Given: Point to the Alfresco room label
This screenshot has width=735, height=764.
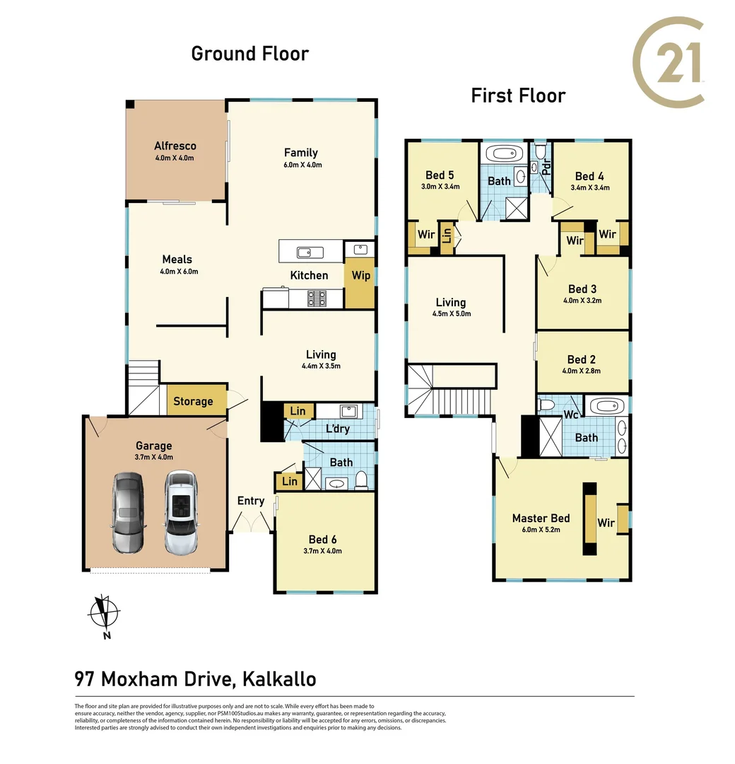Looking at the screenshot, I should (175, 146).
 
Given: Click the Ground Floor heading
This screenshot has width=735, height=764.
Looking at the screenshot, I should (250, 53).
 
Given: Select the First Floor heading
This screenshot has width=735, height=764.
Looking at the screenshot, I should (518, 95).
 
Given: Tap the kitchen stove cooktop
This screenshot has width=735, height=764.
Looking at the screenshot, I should (316, 299).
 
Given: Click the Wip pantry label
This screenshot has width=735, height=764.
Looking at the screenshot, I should (361, 276).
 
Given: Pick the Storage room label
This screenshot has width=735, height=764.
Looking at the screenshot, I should (193, 402).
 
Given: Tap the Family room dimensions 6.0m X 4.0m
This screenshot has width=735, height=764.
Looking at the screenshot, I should (301, 165).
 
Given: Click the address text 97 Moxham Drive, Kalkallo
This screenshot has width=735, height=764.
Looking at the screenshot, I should (195, 679).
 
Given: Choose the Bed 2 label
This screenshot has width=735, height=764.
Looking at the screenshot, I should (582, 360).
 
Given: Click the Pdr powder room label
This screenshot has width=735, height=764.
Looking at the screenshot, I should (546, 168).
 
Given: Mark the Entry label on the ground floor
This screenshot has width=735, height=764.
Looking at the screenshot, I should (251, 501).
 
